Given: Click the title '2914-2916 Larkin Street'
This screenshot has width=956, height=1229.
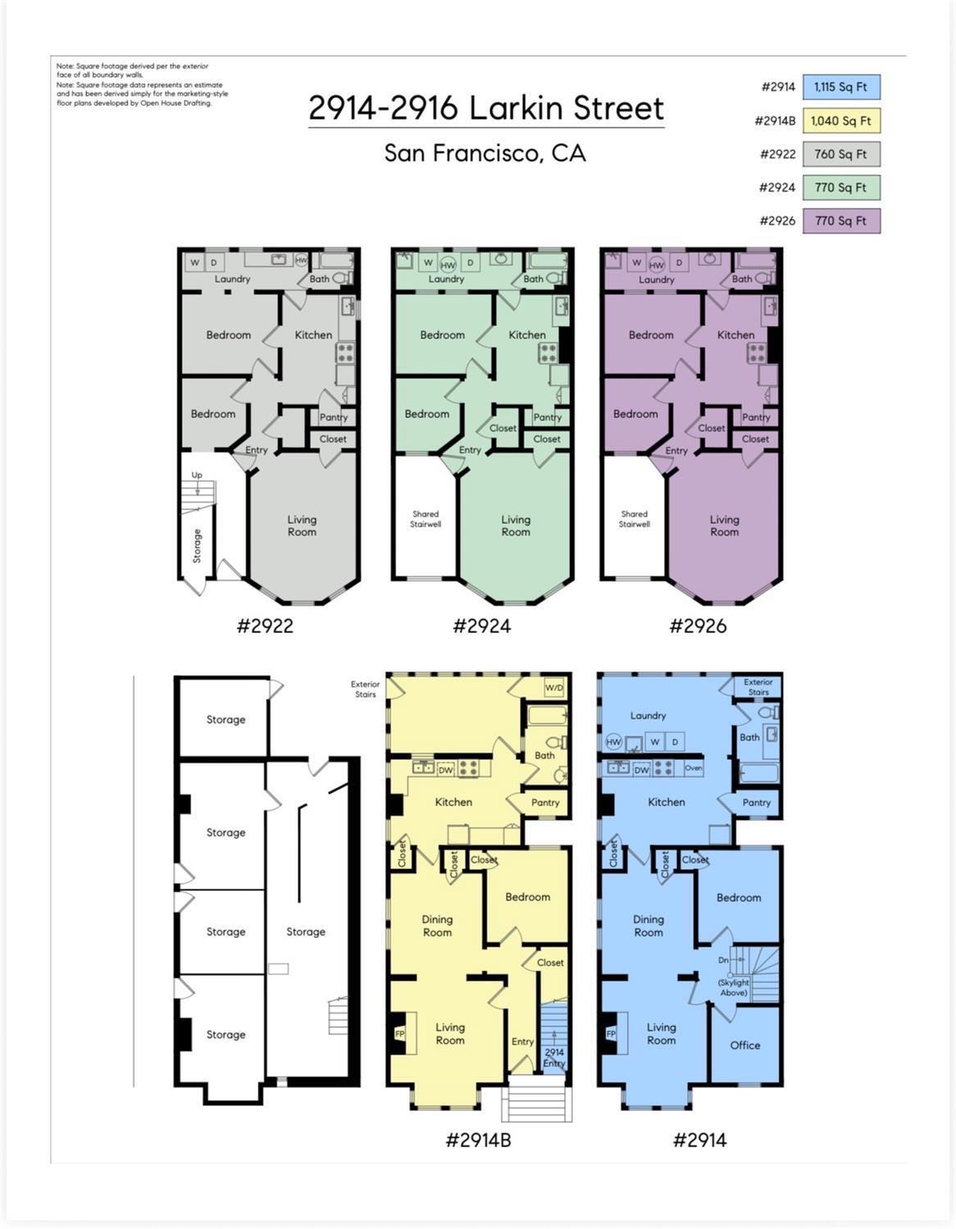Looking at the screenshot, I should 486,108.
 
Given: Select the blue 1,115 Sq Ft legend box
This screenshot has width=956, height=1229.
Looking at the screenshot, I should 841,87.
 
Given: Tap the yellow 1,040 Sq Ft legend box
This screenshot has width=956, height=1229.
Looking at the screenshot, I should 841,121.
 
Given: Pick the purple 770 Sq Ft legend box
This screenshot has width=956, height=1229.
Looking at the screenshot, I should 841,221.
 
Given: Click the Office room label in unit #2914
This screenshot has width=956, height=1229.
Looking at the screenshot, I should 744,1045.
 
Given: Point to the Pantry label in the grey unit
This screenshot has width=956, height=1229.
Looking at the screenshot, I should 334,417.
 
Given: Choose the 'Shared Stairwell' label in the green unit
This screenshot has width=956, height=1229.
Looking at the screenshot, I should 426,519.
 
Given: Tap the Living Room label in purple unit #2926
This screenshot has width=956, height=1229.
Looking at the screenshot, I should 724,526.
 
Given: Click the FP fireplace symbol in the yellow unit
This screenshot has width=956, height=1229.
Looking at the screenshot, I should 400,1035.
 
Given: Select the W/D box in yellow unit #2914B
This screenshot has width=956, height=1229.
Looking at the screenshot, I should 554,687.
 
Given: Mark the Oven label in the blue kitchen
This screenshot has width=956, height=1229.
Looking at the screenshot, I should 693,768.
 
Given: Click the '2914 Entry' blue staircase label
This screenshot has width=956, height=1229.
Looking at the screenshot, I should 554,1058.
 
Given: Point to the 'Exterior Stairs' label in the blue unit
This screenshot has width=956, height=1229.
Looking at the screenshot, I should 758,687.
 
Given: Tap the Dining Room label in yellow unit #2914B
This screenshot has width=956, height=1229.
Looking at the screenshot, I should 437,926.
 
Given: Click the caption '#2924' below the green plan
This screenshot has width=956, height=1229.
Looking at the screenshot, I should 481,626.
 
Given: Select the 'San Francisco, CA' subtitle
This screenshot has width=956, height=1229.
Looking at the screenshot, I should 485,153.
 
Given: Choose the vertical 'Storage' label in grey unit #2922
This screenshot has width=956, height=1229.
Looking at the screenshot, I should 197,546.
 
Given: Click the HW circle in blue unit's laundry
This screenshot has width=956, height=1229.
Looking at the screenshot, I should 613,742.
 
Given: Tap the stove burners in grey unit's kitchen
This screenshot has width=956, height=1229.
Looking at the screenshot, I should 345,353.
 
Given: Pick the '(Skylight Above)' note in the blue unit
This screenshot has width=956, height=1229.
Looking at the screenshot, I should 734,987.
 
